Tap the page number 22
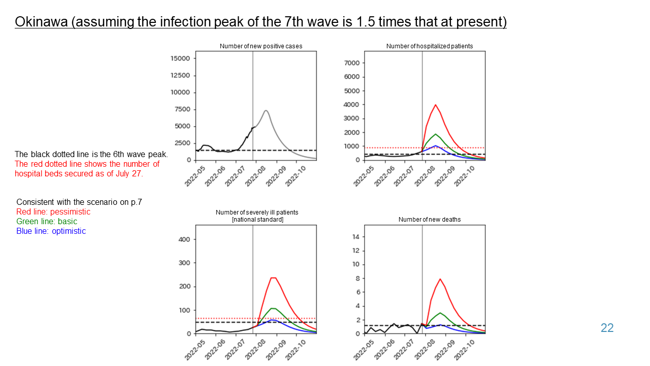point(607,328)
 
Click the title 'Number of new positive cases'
point(261,46)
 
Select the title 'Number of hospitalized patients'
point(429,46)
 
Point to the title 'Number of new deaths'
point(429,220)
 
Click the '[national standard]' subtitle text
point(257,220)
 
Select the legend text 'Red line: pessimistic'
point(53,211)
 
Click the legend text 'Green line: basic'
point(47,221)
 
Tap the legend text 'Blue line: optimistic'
point(51,231)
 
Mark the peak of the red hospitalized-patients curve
point(435,105)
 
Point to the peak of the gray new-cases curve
point(266,110)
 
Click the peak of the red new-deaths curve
point(440,279)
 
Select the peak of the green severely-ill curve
point(273,308)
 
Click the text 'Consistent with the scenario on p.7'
point(79,202)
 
